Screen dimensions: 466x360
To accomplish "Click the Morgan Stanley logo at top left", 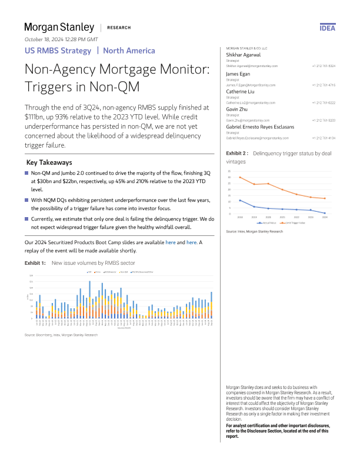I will (59, 27).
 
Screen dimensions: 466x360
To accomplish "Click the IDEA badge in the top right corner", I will (327, 28).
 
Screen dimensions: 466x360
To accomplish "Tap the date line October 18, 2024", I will (61, 39).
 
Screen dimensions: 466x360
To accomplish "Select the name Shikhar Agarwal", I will (244, 54).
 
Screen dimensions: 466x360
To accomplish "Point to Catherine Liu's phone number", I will (324, 102).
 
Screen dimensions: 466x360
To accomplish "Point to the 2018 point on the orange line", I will (240, 177).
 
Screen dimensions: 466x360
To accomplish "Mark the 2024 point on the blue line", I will (325, 213).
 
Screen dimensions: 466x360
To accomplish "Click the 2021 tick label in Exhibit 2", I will (282, 217).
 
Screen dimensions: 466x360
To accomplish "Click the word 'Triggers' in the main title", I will (51, 88).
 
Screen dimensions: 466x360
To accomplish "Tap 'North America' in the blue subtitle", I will (125, 50).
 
